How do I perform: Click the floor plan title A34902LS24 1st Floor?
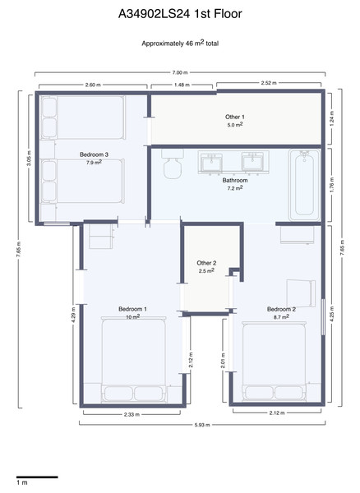[180, 14]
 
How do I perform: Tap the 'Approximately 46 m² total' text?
[180, 43]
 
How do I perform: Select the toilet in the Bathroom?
[173, 164]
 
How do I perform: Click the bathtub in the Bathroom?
[304, 186]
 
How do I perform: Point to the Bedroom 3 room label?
[94, 154]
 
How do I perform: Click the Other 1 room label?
[234, 117]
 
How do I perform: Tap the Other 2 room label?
[206, 263]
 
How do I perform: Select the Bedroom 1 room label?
[132, 309]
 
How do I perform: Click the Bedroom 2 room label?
[281, 309]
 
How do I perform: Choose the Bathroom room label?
[235, 180]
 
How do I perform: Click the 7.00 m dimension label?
[179, 72]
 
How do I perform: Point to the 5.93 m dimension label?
[202, 425]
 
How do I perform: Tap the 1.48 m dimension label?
[182, 85]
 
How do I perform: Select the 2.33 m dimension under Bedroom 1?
[132, 414]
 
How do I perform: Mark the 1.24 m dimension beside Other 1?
[333, 118]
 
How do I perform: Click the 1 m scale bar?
[37, 477]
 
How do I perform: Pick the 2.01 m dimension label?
[223, 361]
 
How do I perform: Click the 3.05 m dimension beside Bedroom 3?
[30, 159]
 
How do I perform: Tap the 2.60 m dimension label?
[93, 85]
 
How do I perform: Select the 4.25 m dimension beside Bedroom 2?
[333, 315]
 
